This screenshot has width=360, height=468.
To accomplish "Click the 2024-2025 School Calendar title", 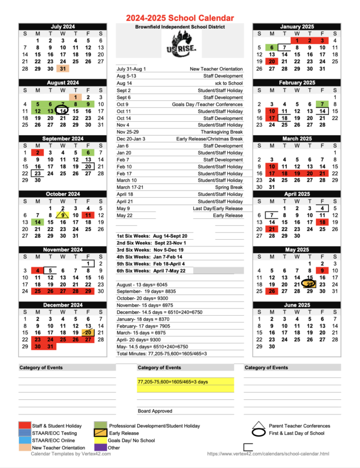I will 179,18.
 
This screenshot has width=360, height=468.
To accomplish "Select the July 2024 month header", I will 62,27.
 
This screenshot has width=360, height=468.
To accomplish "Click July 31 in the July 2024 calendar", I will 62,69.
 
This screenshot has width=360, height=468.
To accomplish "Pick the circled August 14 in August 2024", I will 62,111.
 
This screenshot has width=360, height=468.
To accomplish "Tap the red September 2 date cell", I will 37,153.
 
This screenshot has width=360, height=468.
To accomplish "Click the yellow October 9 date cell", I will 62,215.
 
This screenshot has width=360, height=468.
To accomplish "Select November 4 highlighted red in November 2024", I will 37,271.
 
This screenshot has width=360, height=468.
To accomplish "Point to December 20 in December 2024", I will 88,333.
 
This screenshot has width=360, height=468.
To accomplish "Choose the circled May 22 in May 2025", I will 310,284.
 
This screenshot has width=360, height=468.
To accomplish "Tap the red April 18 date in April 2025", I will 323,222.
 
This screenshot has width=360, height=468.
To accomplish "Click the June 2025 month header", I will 297,305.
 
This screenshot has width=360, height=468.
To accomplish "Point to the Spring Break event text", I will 229,187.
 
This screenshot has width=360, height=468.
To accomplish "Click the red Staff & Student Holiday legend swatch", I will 24,426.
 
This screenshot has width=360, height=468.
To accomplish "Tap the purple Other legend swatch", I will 100,447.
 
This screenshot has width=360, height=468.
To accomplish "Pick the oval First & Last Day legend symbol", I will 259,433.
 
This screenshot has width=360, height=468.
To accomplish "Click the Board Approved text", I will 155,411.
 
